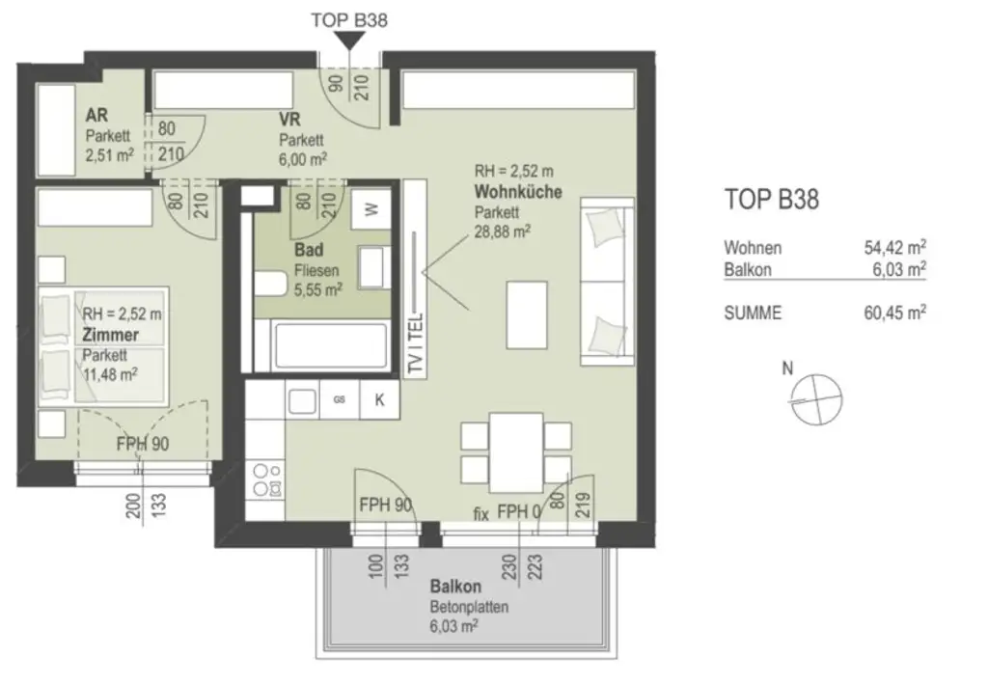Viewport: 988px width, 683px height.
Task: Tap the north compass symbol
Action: point(815,396)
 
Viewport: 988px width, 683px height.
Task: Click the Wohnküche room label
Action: point(517,191)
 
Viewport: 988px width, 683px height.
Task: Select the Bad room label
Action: point(309,250)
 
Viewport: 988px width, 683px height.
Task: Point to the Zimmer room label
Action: point(110,335)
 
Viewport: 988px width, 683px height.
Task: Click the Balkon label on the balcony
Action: point(455,587)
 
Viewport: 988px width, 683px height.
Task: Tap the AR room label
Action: point(96,115)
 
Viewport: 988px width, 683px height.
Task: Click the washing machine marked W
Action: point(370,207)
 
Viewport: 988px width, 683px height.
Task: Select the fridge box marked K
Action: point(380,400)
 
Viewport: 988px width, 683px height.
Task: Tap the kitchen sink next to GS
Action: point(303,400)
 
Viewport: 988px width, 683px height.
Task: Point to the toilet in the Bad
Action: point(272,283)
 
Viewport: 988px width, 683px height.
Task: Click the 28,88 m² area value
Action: point(500,232)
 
